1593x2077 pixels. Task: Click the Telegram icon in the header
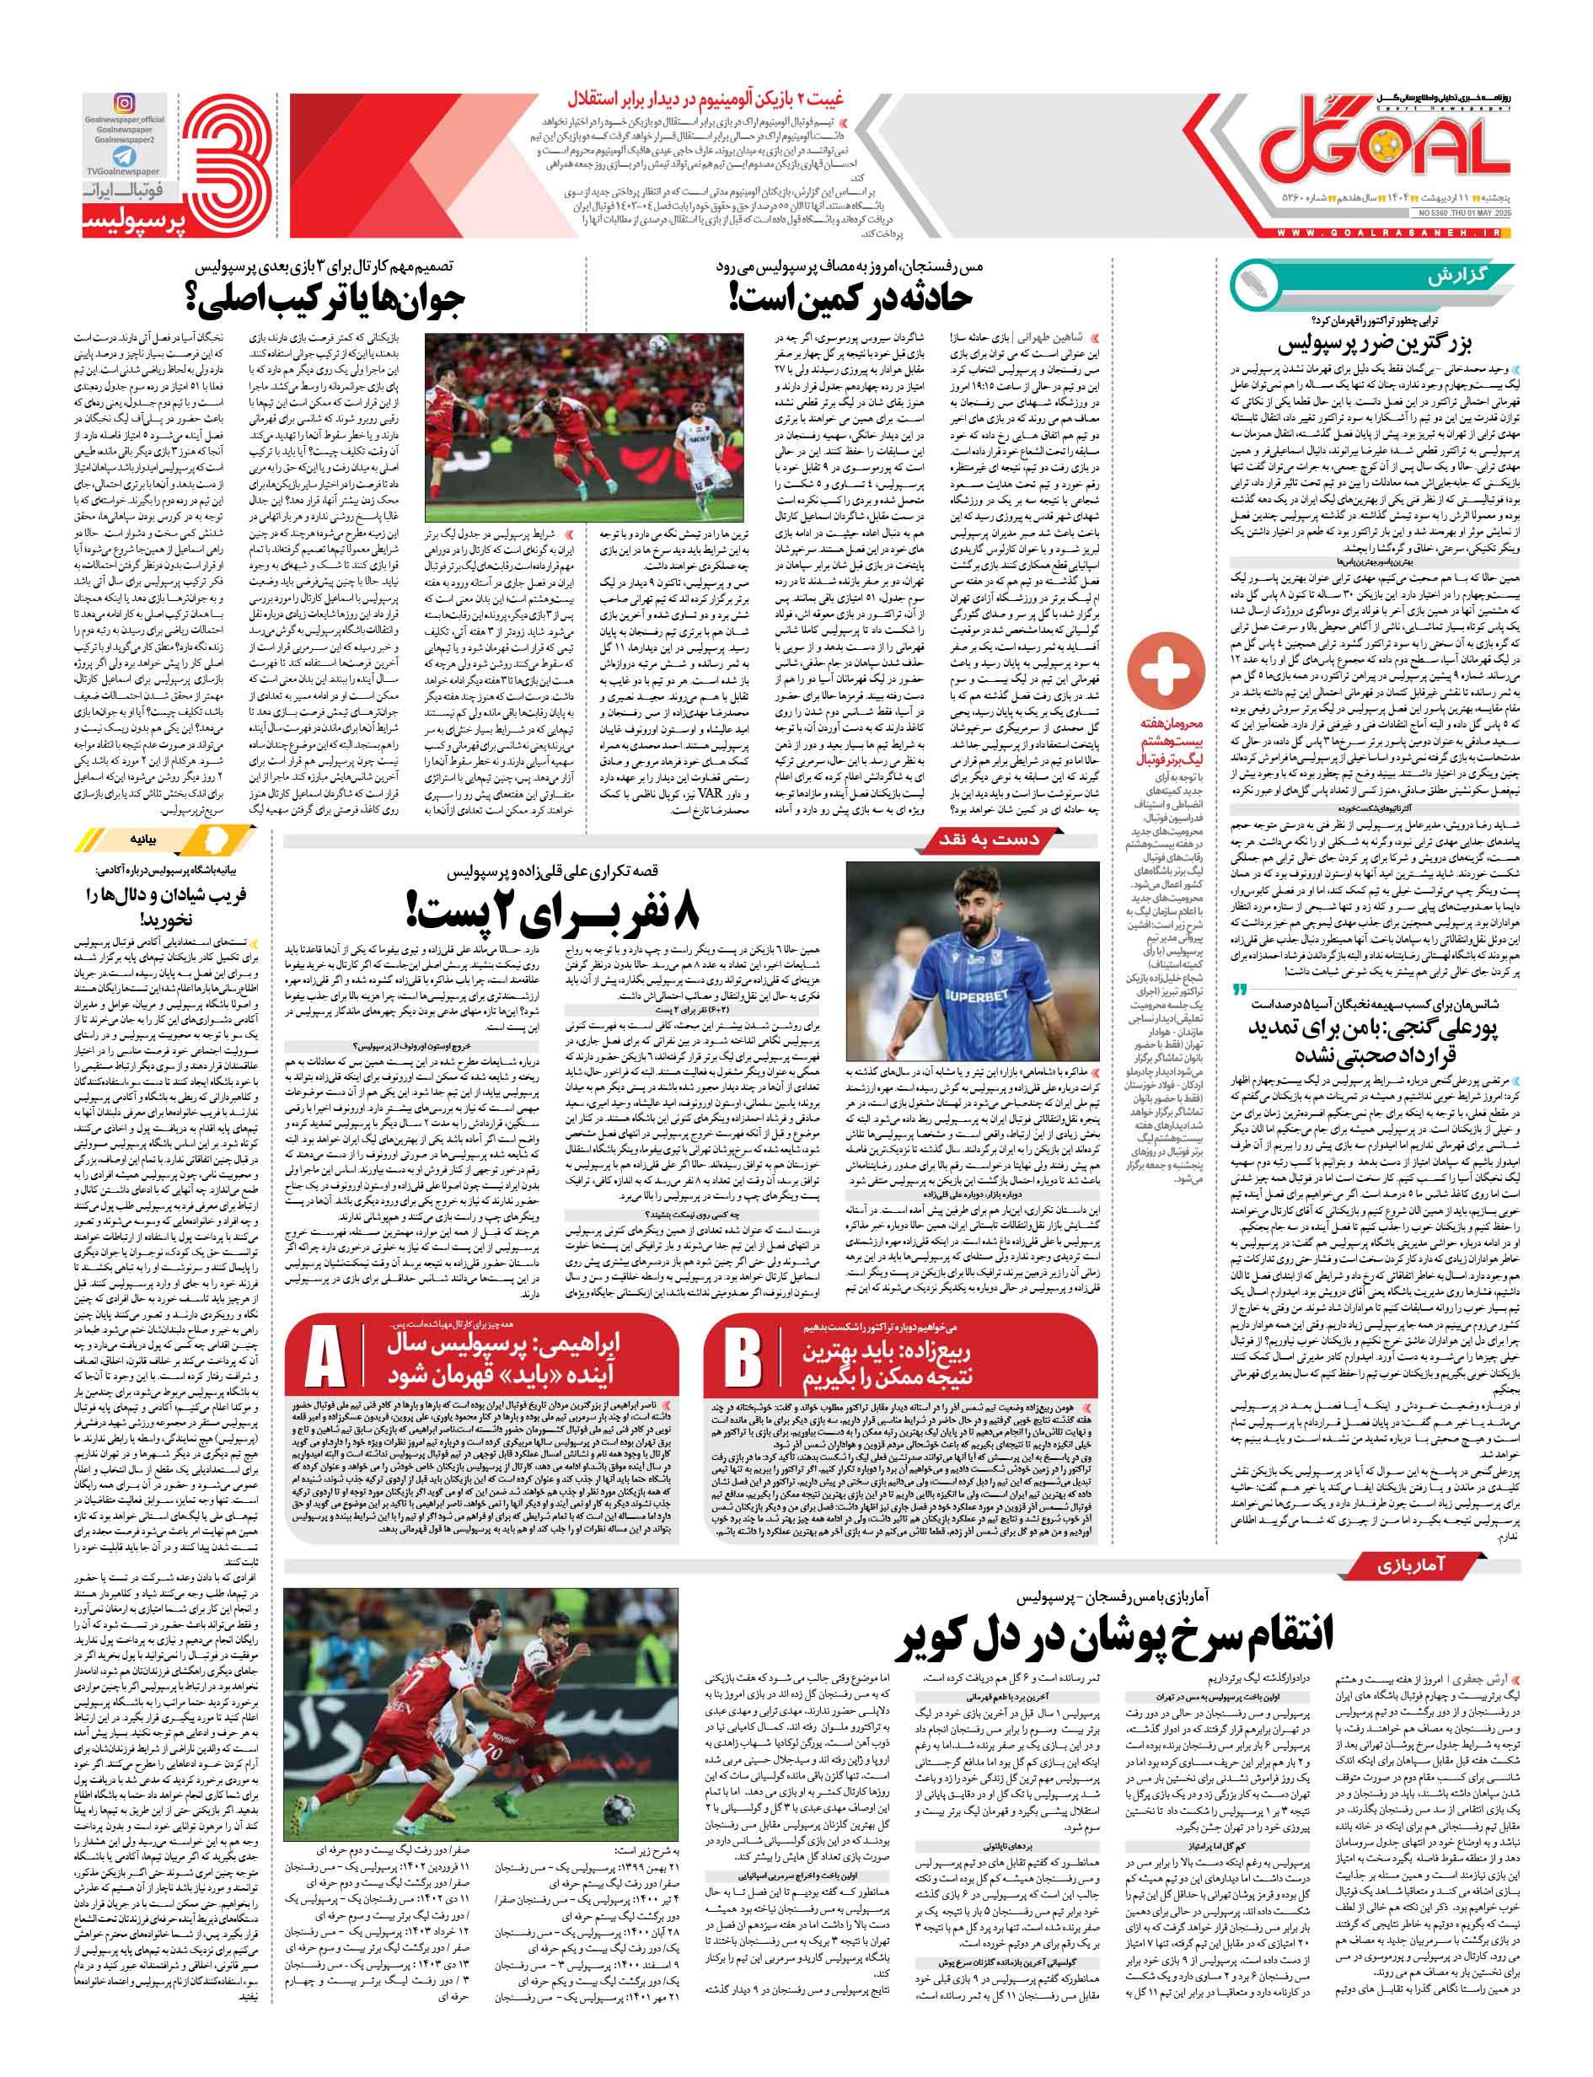[123, 157]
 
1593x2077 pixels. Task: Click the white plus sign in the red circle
[1166, 668]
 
